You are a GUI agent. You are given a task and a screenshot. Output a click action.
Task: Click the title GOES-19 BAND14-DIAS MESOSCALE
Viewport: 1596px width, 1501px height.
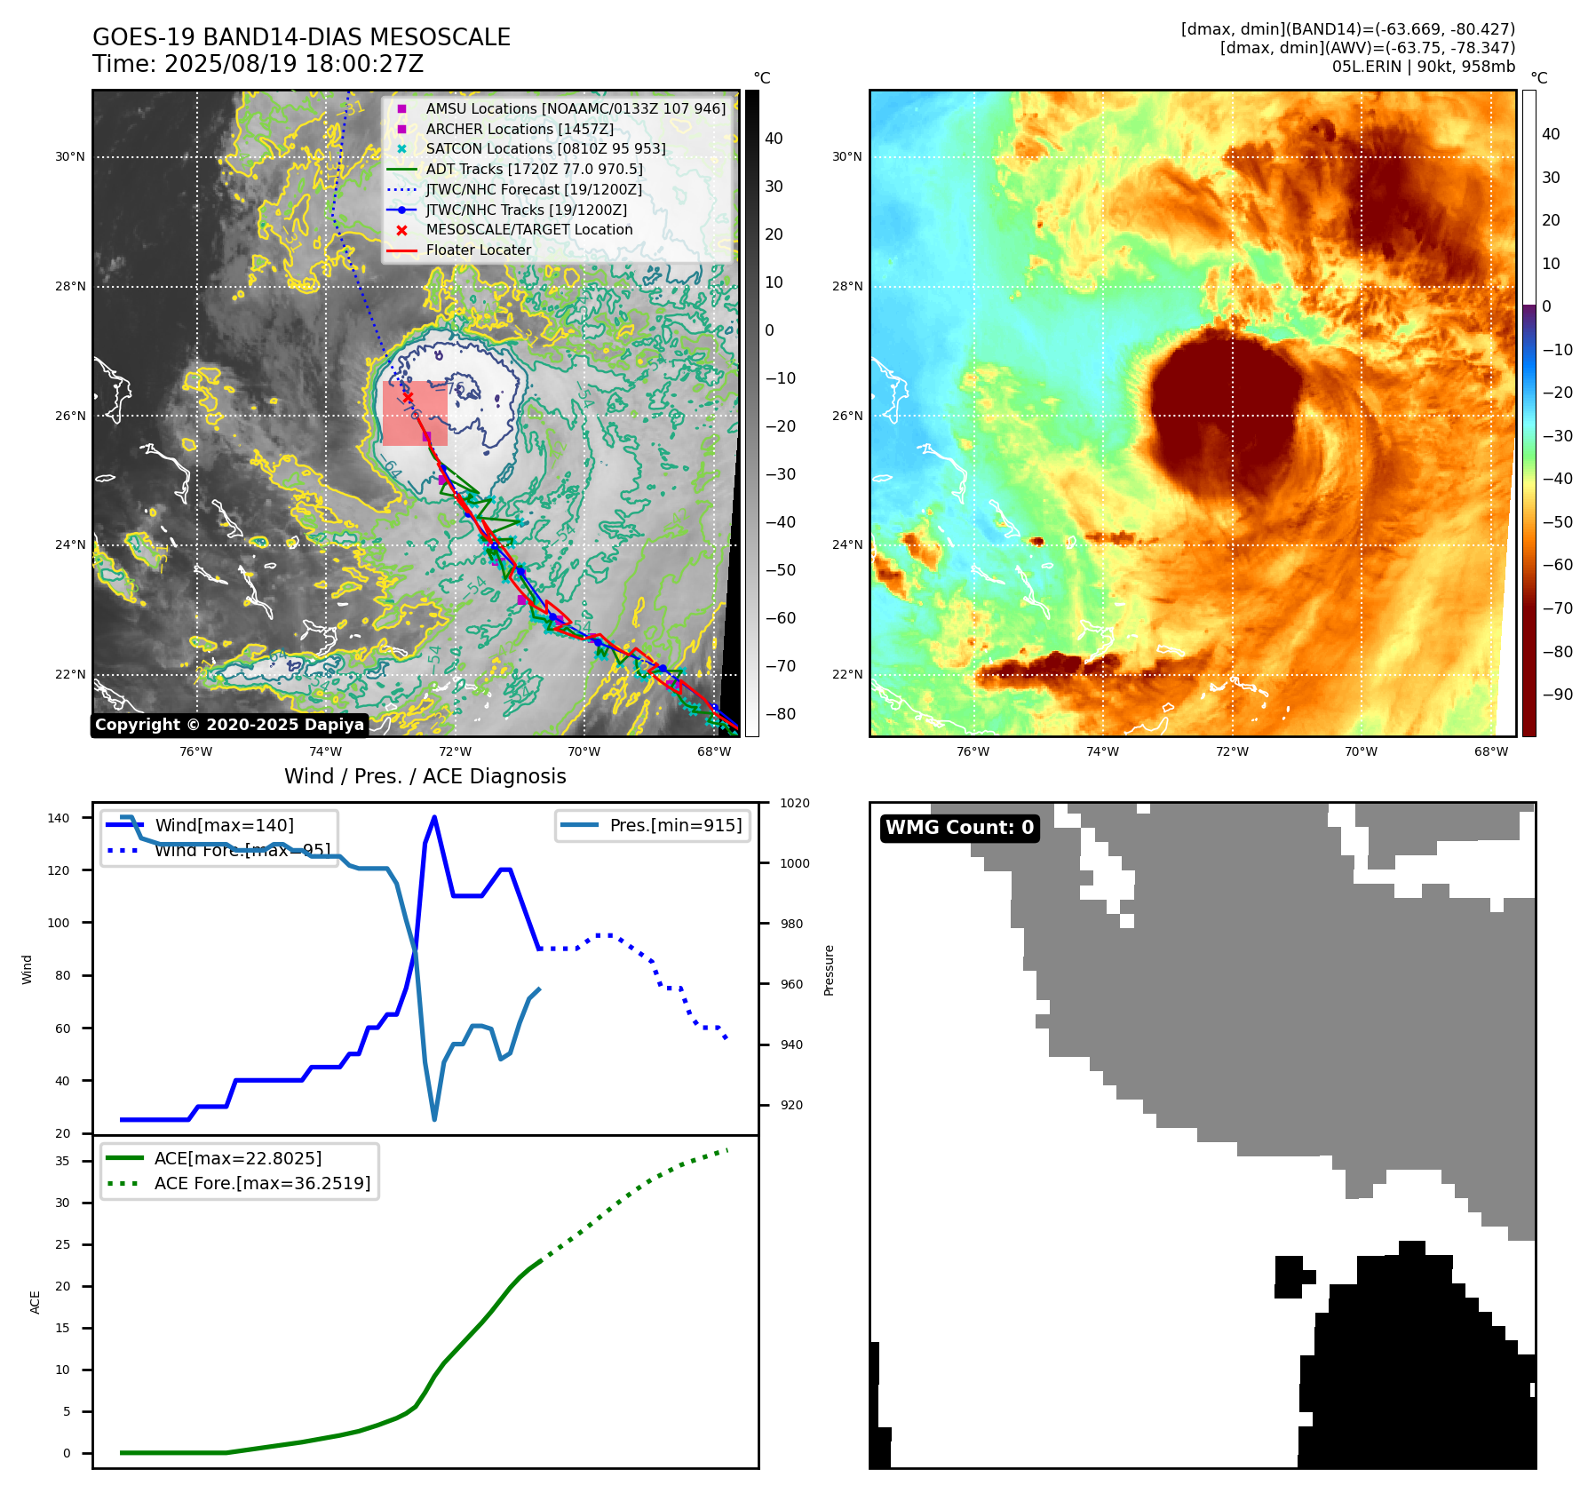[301, 37]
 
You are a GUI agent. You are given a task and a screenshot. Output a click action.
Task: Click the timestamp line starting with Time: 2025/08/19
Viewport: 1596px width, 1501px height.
[258, 64]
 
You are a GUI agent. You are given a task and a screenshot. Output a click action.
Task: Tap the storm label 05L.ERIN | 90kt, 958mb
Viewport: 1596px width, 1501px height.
[1423, 67]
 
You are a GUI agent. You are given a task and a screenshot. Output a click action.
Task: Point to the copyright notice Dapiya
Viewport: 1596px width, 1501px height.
[229, 725]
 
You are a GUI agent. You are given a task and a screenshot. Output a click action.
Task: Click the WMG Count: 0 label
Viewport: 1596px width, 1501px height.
[959, 828]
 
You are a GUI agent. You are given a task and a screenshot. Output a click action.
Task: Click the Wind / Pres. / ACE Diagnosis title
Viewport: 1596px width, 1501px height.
[425, 776]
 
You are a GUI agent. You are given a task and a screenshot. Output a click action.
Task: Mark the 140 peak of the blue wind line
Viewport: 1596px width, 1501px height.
[434, 817]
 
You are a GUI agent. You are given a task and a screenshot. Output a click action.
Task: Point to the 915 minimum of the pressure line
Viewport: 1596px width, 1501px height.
[434, 1119]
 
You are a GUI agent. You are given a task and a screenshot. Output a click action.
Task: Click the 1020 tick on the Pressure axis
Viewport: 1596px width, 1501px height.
[794, 803]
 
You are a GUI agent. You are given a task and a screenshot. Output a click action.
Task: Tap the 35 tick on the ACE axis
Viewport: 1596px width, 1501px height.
[62, 1161]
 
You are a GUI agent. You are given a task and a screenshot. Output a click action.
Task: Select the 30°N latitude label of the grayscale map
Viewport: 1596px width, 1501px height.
[70, 157]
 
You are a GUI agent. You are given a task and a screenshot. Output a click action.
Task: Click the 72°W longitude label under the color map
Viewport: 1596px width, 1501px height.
[1232, 751]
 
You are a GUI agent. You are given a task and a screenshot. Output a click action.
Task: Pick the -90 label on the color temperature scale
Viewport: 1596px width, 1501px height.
[1558, 695]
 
